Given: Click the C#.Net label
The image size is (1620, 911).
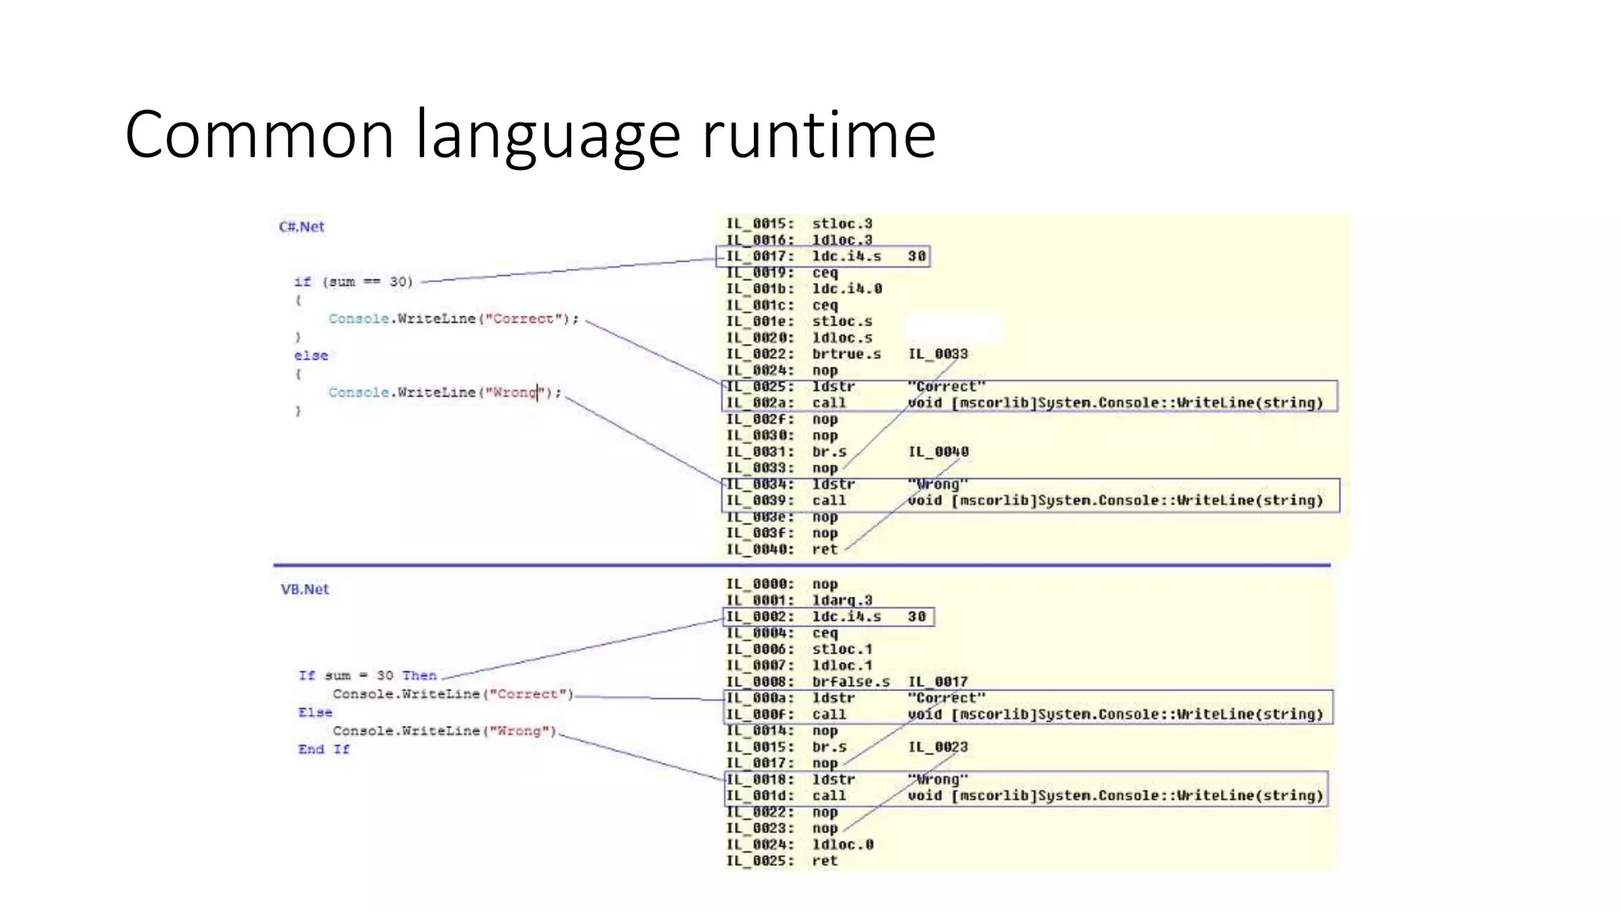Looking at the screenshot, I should pyautogui.click(x=301, y=227).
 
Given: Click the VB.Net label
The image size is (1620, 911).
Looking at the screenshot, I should pyautogui.click(x=305, y=589).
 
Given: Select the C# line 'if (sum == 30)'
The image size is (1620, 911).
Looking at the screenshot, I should pyautogui.click(x=354, y=282).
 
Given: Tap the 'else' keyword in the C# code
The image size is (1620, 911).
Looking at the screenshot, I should pyautogui.click(x=311, y=356).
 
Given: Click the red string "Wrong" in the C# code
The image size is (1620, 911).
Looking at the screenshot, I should pyautogui.click(x=514, y=392).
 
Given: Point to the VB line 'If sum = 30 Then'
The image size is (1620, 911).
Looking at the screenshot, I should pyautogui.click(x=367, y=675).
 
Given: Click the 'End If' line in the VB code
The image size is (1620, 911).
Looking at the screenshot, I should pyautogui.click(x=324, y=749).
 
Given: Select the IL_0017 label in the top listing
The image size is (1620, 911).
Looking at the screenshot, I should pyautogui.click(x=760, y=256).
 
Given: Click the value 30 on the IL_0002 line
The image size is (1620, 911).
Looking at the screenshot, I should pyautogui.click(x=917, y=616).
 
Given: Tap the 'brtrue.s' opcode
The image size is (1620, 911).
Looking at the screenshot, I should pyautogui.click(x=846, y=353).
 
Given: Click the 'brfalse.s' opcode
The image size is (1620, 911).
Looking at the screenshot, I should pyautogui.click(x=850, y=681).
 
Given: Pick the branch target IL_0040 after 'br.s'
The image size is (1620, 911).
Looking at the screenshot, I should pyautogui.click(x=938, y=452).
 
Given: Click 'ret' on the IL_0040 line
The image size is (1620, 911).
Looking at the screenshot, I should pyautogui.click(x=824, y=549).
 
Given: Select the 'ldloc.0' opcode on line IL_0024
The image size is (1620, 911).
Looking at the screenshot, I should pyautogui.click(x=842, y=844).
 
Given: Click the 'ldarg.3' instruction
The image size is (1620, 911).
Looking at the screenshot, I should pyautogui.click(x=842, y=600).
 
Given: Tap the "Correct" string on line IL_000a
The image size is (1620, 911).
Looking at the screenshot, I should pyautogui.click(x=946, y=697).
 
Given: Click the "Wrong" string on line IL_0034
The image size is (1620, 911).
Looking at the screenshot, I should pyautogui.click(x=937, y=484).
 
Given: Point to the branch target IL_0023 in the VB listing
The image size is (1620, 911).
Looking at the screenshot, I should pyautogui.click(x=937, y=747).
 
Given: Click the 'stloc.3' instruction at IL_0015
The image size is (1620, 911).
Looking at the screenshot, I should pyautogui.click(x=842, y=224).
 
